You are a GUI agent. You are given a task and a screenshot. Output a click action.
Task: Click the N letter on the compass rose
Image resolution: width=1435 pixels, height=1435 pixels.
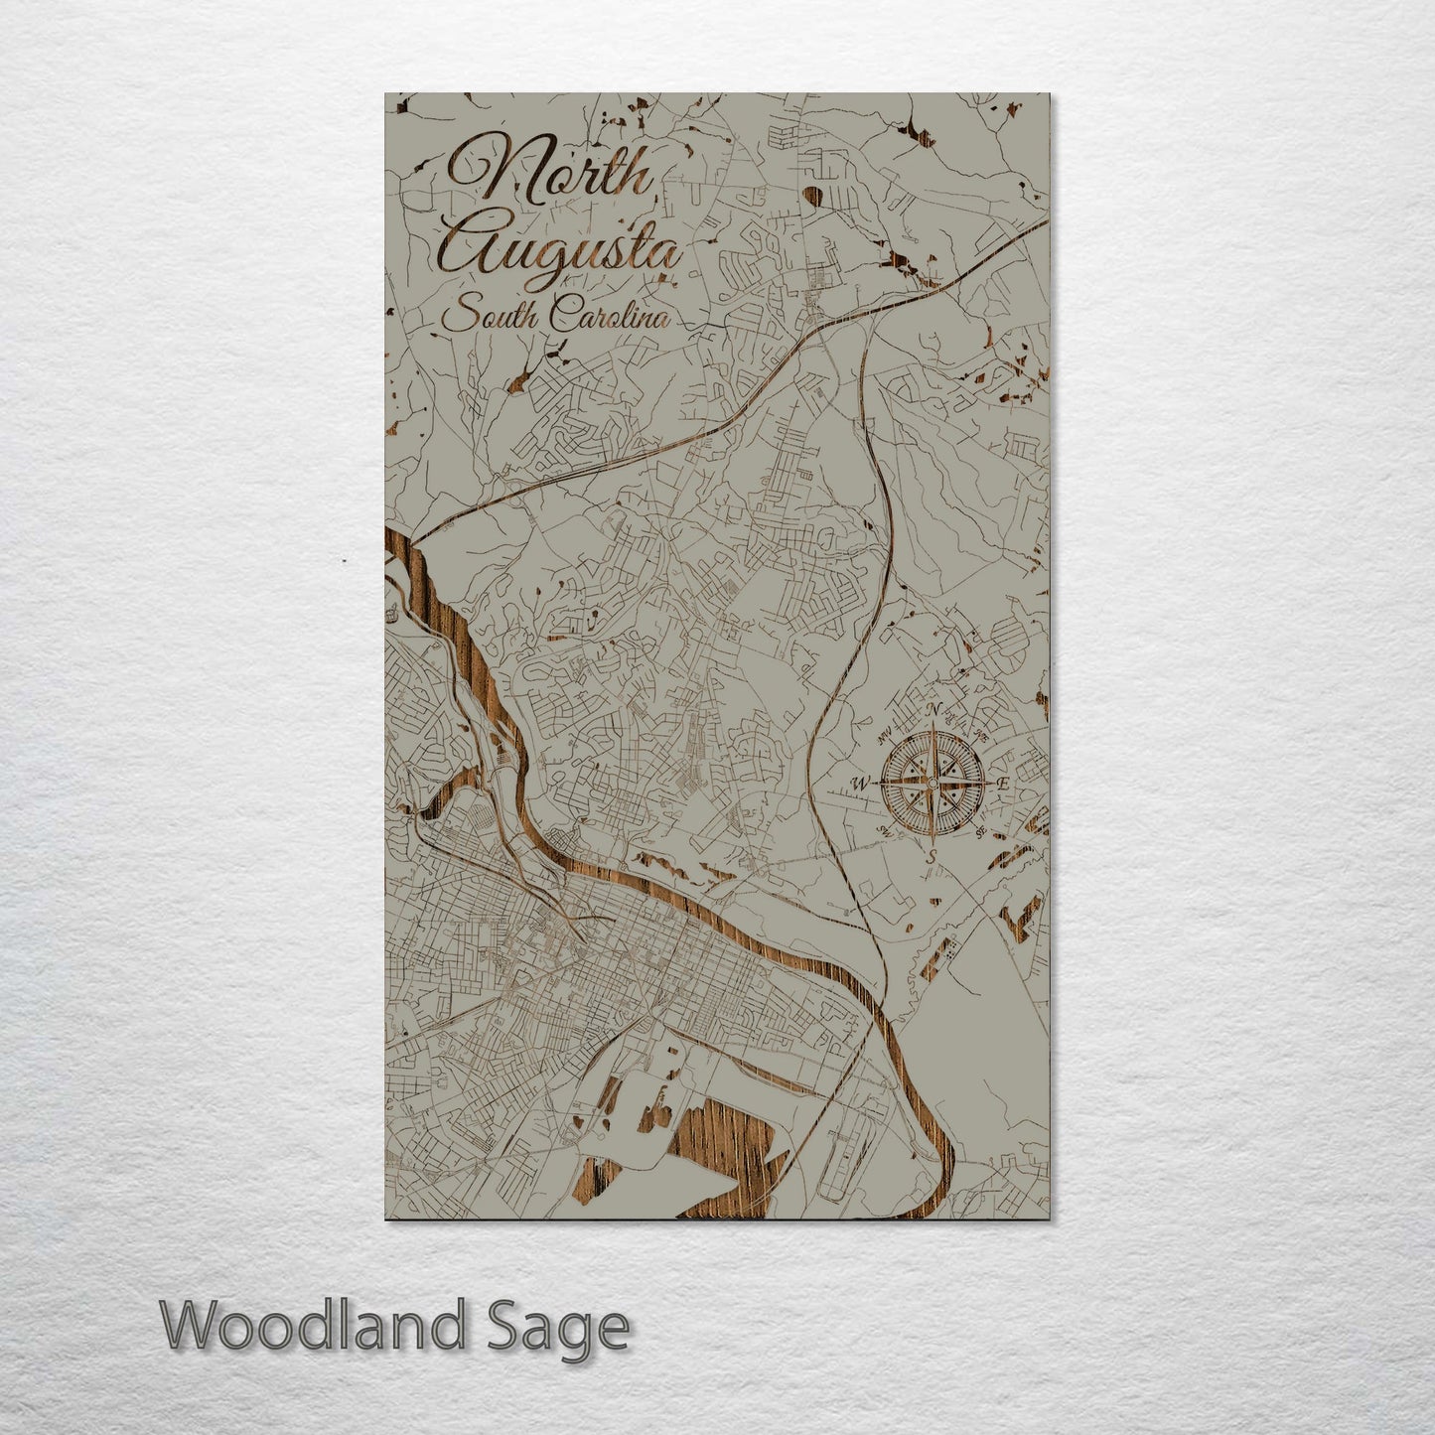point(932,710)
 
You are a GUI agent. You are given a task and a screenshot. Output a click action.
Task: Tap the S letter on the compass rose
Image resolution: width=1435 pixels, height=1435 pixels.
point(931,856)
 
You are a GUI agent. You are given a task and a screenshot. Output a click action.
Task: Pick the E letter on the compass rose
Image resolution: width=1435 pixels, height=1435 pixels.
point(1003,784)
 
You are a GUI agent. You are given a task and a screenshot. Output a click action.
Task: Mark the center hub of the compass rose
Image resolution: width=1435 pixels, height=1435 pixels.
point(931,784)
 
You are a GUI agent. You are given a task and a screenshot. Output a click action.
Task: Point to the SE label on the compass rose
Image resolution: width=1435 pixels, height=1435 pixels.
point(980,832)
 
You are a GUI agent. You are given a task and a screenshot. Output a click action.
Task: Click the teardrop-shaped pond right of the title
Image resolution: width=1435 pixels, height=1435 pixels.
point(814,195)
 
